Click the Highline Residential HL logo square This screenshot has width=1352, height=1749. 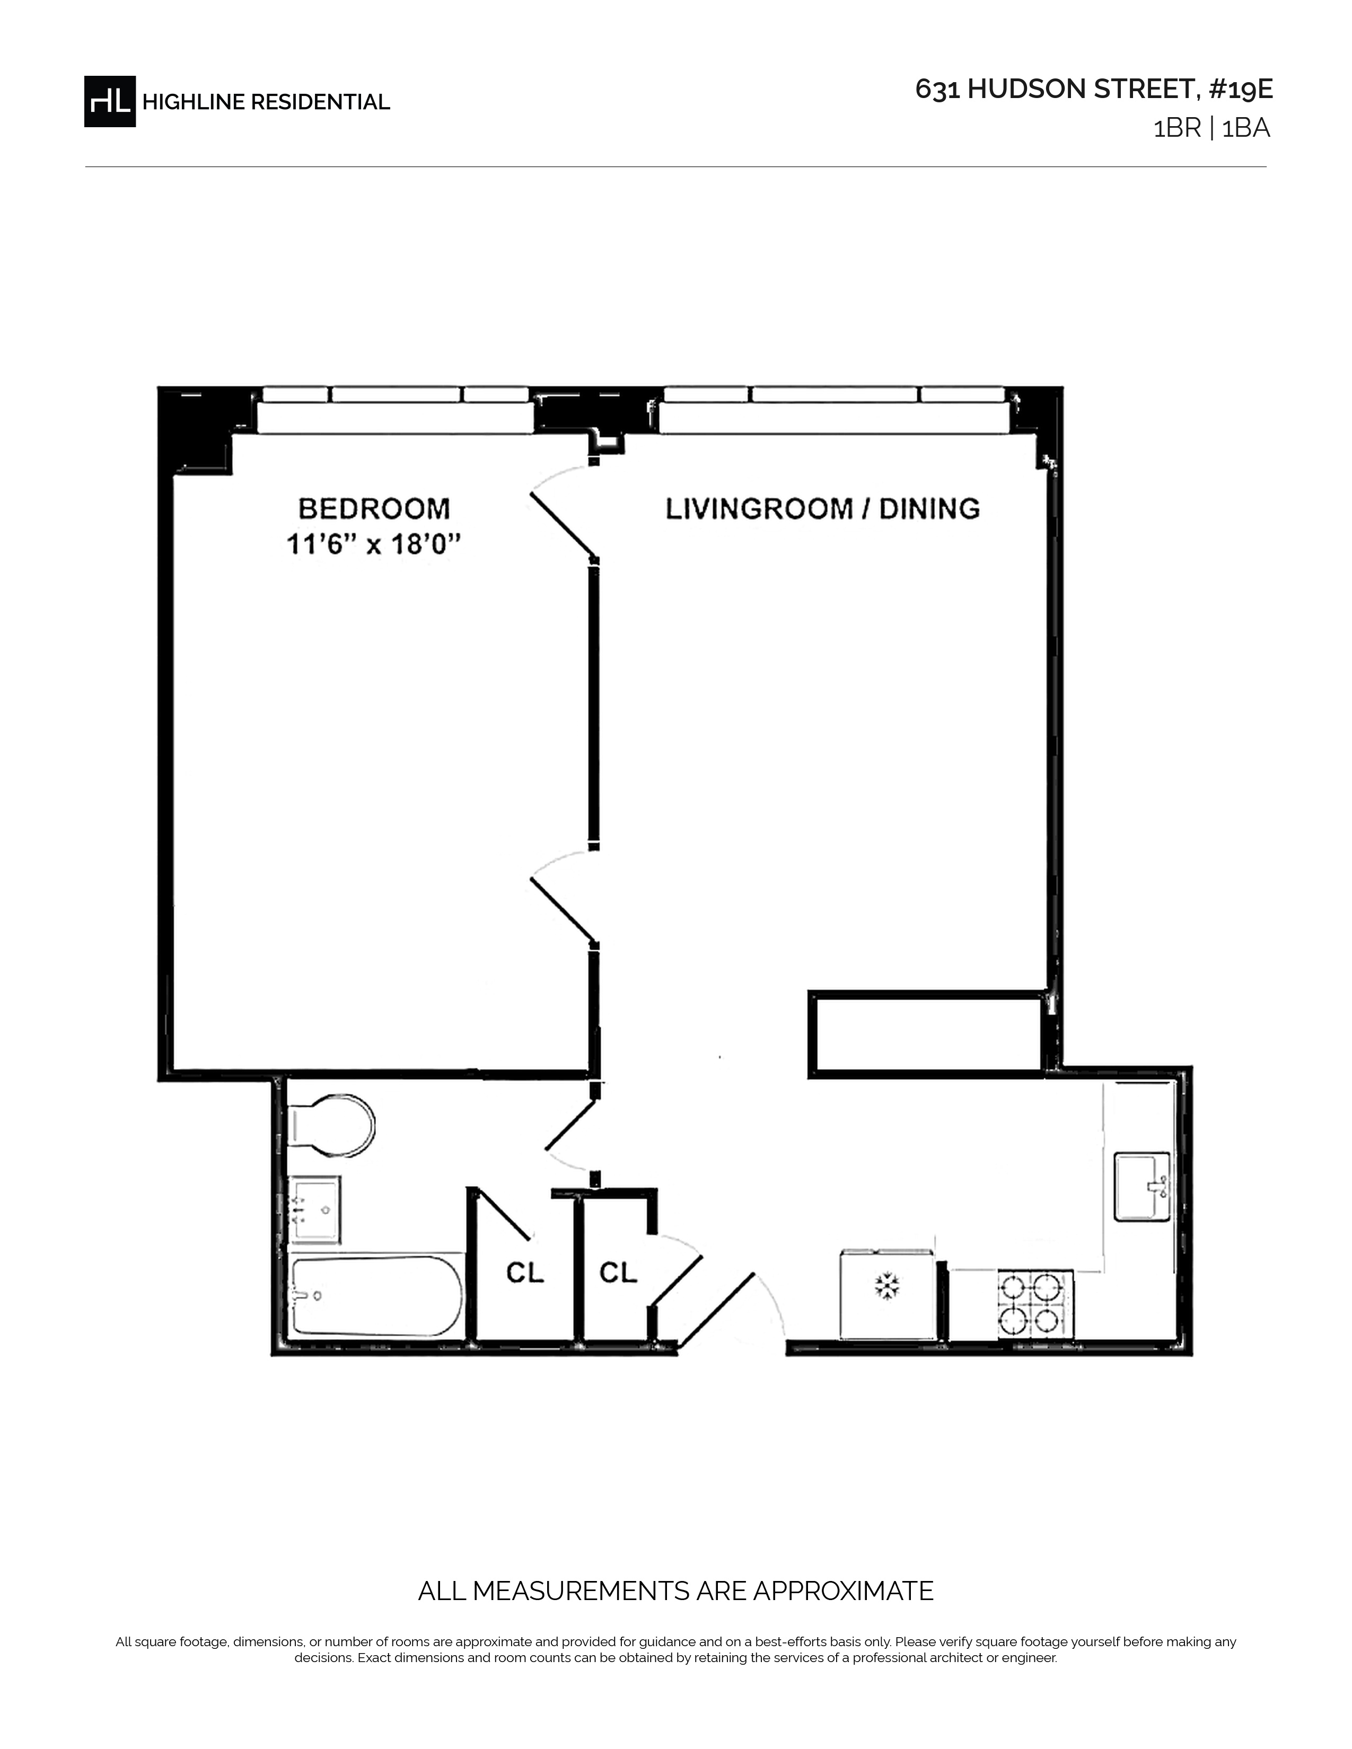pyautogui.click(x=110, y=101)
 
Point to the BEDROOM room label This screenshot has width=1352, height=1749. pyautogui.click(x=374, y=508)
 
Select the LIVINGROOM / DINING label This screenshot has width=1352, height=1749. pyautogui.click(x=822, y=508)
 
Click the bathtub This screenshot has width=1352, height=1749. pyautogui.click(x=376, y=1295)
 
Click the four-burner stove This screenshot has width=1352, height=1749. pyautogui.click(x=1035, y=1304)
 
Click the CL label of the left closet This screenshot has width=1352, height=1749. pyautogui.click(x=524, y=1273)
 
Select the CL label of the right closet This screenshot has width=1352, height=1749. pyautogui.click(x=618, y=1273)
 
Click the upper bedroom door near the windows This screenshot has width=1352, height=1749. pyautogui.click(x=563, y=525)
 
